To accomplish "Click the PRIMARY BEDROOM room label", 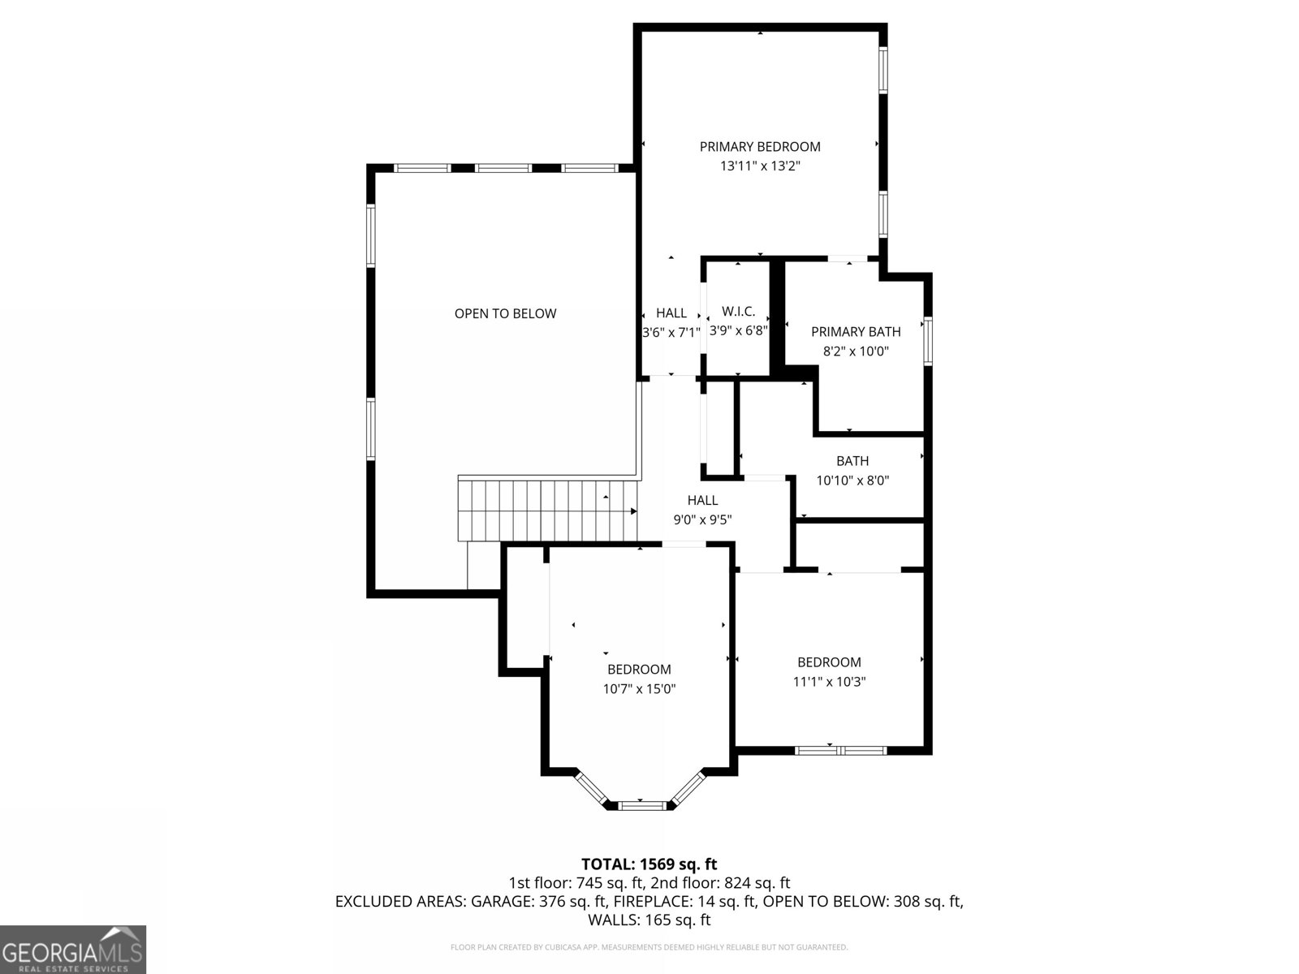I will (760, 147).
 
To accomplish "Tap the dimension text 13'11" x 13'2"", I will (760, 166).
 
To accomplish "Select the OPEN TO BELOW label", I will (505, 314).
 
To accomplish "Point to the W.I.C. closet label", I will (738, 312).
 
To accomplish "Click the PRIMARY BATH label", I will (856, 332).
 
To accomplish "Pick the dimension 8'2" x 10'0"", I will (856, 351).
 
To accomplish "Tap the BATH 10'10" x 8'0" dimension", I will (852, 481).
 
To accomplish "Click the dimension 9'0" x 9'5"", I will (702, 520).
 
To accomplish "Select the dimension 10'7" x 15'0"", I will (639, 689).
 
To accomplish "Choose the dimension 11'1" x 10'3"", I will (829, 682).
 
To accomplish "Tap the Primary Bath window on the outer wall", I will (928, 342).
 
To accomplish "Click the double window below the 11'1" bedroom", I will (840, 751).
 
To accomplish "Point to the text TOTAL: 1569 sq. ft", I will (649, 864).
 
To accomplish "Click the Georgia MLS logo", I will (73, 949).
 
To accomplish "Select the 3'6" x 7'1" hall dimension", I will (671, 332).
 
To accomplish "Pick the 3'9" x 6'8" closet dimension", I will (738, 331).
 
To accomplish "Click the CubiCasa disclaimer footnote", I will (649, 947).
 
